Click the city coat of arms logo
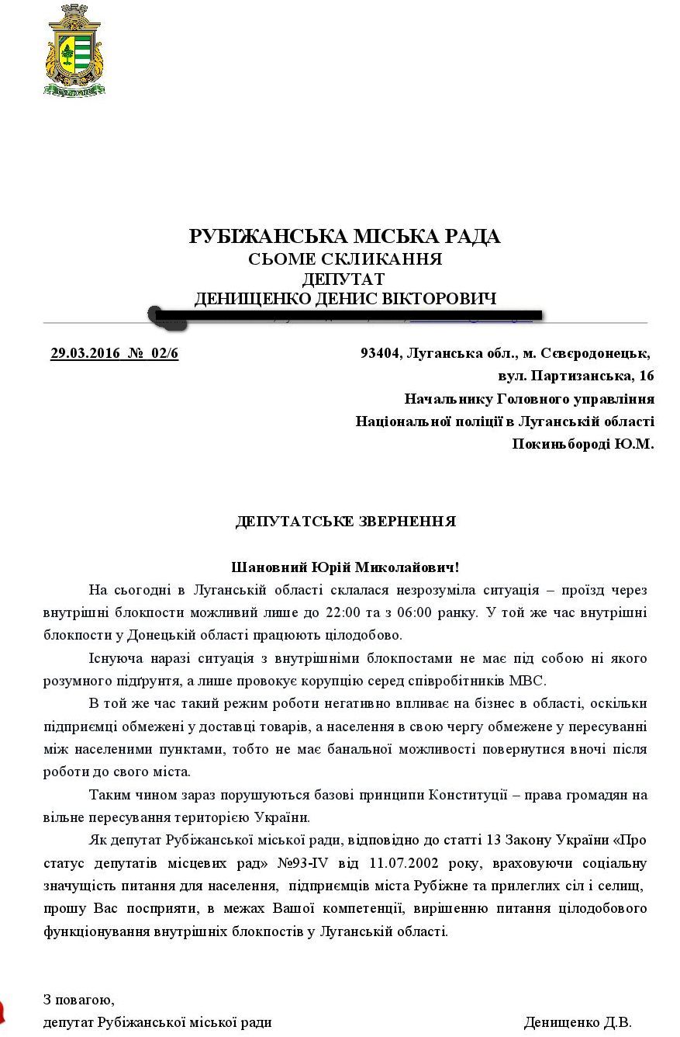point(74,50)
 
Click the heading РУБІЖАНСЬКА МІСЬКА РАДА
point(345,237)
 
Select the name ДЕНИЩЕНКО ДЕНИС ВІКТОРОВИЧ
point(345,299)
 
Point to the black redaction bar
point(345,316)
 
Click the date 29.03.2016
point(85,354)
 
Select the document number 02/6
point(165,354)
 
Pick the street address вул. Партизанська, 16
point(576,376)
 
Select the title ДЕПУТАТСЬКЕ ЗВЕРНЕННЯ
point(346,522)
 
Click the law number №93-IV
point(305,863)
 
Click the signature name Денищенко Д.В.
point(578,1022)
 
